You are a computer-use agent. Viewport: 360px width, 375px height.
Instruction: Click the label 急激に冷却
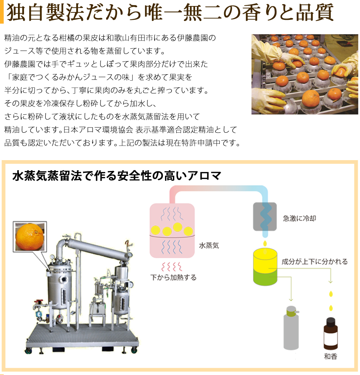coord(300,218)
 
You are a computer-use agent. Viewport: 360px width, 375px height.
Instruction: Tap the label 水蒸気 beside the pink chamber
coord(209,245)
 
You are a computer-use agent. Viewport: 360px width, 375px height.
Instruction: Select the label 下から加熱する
coord(173,277)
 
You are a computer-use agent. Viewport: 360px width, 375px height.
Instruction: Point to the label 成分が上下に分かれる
coord(315,262)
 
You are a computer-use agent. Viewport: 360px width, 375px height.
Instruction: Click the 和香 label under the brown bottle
coord(331,356)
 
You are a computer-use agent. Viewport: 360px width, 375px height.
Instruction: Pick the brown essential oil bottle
coord(331,333)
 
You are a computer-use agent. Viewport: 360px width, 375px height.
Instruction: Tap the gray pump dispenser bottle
coord(291,328)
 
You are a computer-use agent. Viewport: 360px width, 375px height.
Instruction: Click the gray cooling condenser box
coord(265,217)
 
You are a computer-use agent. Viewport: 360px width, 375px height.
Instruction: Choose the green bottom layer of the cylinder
coord(265,277)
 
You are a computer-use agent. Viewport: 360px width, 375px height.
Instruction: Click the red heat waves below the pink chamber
coord(172,266)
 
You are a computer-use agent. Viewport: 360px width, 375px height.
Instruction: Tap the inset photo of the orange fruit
coord(30,237)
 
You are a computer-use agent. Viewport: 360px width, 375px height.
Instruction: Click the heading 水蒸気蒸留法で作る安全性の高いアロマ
coord(117,176)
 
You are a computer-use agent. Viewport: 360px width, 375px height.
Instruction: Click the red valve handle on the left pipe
coord(39,301)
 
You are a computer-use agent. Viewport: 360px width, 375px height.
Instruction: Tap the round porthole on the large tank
coord(64,279)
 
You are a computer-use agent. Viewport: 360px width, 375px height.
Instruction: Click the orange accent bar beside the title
coord(1,12)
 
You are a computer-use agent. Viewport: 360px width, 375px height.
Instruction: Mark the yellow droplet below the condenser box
coord(265,243)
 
